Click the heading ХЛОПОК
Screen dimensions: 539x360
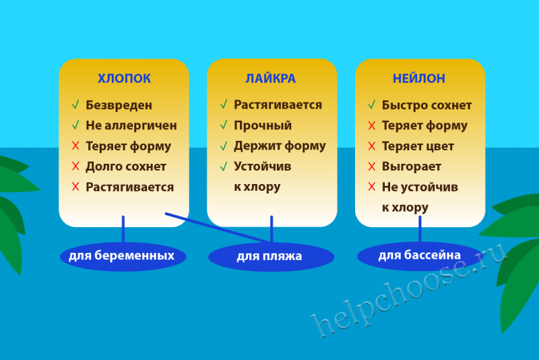[x=124, y=78]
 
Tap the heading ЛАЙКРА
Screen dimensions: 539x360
[x=271, y=78]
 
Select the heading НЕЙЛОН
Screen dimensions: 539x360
[x=418, y=78]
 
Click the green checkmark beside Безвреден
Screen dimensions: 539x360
[x=75, y=104]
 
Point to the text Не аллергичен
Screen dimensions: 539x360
[x=131, y=125]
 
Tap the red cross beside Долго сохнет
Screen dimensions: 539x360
[x=75, y=166]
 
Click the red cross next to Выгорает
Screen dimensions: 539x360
[x=372, y=167]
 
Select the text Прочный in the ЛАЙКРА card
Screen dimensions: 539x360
[x=263, y=125]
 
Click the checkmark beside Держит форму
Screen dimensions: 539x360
[x=224, y=146]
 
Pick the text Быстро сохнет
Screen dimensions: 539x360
[x=426, y=105]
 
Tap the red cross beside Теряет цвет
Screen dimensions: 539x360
[x=372, y=146]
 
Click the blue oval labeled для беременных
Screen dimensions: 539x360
[x=123, y=256]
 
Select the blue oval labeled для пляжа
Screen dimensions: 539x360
[x=272, y=256]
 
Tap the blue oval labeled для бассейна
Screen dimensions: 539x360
[x=420, y=256]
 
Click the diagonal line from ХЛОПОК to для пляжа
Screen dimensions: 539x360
[x=218, y=228]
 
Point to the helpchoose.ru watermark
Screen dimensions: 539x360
[x=409, y=289]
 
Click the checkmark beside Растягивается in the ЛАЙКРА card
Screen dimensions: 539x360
[x=224, y=104]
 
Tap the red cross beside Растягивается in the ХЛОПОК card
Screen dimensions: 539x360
[x=75, y=187]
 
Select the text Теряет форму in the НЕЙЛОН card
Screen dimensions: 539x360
[x=424, y=126]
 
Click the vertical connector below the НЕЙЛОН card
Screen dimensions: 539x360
[x=420, y=229]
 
